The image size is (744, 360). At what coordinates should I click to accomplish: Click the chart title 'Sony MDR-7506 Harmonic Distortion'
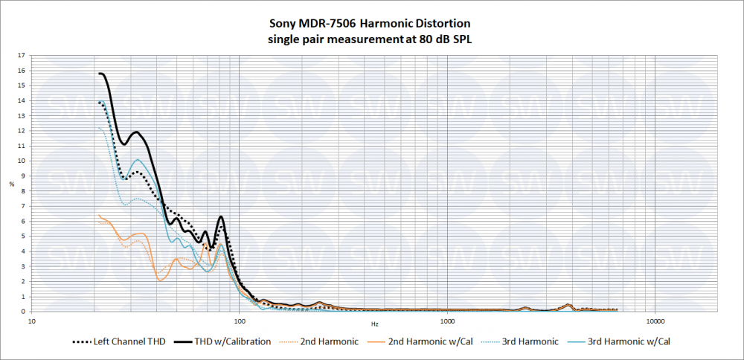tap(370, 25)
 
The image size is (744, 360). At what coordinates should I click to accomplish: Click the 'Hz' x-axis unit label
tap(375, 324)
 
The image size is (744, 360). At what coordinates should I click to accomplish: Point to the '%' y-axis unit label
tap(11, 184)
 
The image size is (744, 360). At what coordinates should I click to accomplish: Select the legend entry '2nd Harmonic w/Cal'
tap(429, 342)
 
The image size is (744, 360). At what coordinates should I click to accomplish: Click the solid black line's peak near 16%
tap(101, 73)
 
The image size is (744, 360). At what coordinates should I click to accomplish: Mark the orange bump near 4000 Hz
tap(568, 304)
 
